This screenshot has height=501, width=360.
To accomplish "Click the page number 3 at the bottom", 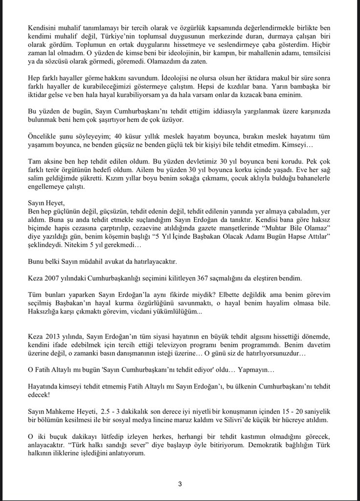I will click(180, 484).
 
